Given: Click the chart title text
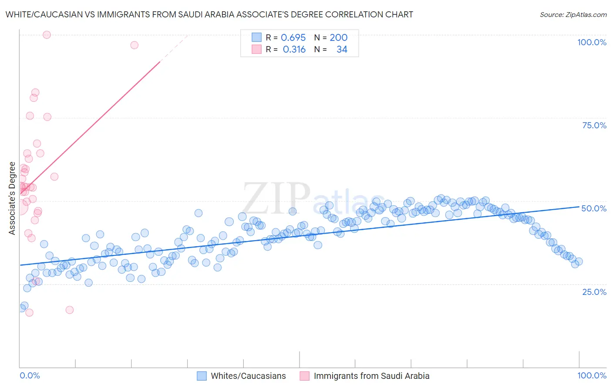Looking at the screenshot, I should [209, 14].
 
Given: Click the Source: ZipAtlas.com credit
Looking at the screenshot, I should [573, 15].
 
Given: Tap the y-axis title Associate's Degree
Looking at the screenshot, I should [12, 198].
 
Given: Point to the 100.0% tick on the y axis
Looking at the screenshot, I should [592, 42].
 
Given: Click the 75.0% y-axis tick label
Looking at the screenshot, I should [594, 125].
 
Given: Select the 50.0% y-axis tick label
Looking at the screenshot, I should [594, 208].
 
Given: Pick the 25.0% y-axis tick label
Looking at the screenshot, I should [594, 292].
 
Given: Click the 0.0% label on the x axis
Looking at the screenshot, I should [30, 376].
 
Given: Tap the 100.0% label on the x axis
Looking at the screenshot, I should [592, 376].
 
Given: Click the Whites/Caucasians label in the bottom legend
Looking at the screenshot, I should [248, 376].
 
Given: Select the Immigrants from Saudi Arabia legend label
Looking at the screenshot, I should [371, 376].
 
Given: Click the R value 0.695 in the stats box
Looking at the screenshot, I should [293, 38].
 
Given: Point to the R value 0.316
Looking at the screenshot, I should [294, 50].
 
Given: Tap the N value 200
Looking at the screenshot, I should [338, 38].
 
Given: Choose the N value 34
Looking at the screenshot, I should [342, 50].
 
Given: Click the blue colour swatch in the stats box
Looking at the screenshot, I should [257, 37].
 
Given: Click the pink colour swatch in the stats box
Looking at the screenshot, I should [257, 49].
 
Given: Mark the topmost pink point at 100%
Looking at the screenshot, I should [47, 35].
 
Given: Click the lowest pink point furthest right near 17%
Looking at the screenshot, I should [70, 310].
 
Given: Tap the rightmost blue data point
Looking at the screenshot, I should [578, 261].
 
